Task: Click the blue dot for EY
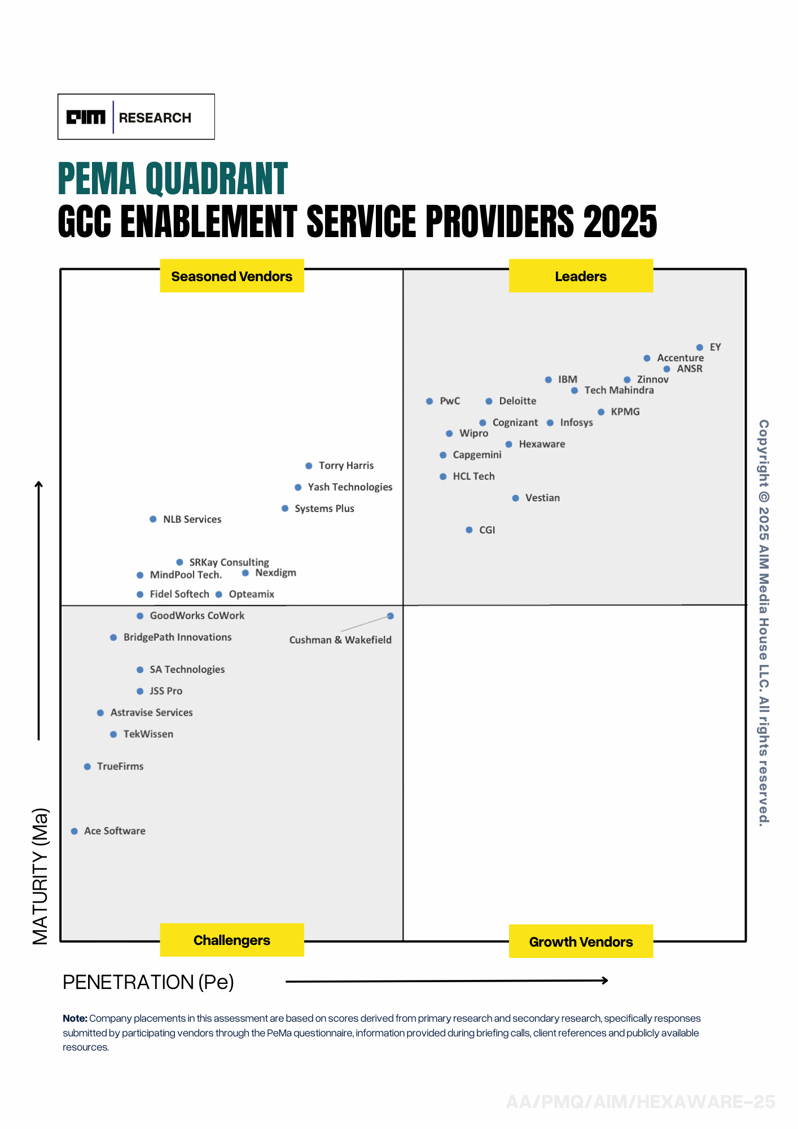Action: (x=699, y=347)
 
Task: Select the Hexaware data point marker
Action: (x=508, y=444)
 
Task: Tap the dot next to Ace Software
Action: (x=74, y=831)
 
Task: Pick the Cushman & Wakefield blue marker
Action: (x=390, y=616)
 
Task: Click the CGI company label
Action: (x=486, y=530)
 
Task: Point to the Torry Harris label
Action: (x=346, y=466)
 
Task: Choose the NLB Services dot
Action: (x=153, y=519)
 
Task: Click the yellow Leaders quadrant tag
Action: (x=581, y=276)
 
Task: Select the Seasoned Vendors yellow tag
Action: (x=232, y=276)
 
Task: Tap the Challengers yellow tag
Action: (x=232, y=940)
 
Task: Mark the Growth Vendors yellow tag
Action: (x=581, y=942)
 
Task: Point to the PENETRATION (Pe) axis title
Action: (x=148, y=982)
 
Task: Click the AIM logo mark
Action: (x=86, y=117)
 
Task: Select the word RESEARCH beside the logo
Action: (x=155, y=118)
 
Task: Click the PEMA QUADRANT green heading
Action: (x=173, y=179)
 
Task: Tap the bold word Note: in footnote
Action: (x=75, y=1018)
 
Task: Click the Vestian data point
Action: (x=515, y=498)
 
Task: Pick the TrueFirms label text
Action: (x=120, y=767)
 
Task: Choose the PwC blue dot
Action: (x=429, y=401)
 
